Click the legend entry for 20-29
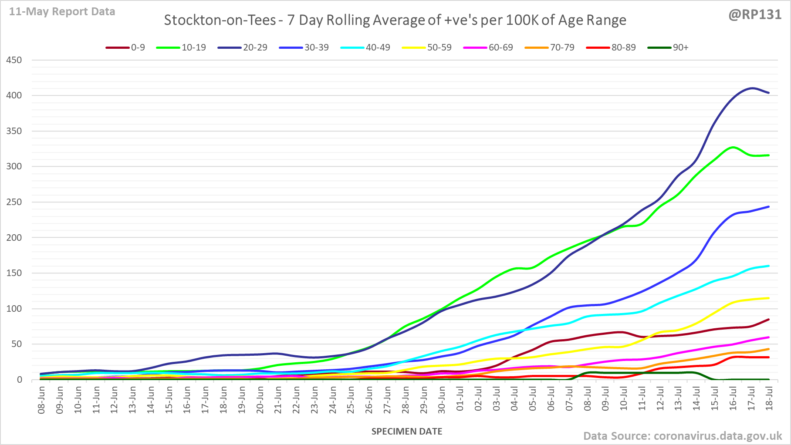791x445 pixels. [255, 47]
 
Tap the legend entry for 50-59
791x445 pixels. [439, 47]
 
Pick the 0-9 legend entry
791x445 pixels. [138, 47]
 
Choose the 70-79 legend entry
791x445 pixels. [562, 47]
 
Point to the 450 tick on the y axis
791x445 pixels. [14, 60]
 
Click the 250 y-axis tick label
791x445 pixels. [14, 202]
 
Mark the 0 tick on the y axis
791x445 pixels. [19, 380]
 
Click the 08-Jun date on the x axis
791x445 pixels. [42, 400]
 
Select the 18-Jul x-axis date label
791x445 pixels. [769, 400]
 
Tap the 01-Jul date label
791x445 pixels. [460, 400]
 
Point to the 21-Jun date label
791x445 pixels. [278, 400]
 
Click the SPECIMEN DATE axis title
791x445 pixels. [407, 432]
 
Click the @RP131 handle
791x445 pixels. [755, 15]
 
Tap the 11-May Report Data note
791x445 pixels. [62, 12]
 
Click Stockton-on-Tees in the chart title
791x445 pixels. [220, 20]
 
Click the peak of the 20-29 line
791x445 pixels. [752, 88]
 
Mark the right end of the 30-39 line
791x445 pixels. [769, 207]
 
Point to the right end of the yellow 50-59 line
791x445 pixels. [769, 298]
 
